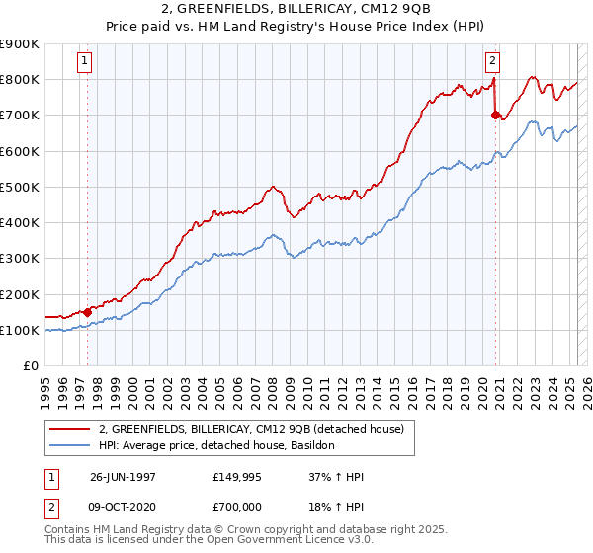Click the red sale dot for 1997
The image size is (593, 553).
pos(87,312)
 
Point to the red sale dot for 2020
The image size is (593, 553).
pos(495,115)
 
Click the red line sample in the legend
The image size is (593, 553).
pos(69,429)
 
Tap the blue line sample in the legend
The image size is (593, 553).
pos(69,445)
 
